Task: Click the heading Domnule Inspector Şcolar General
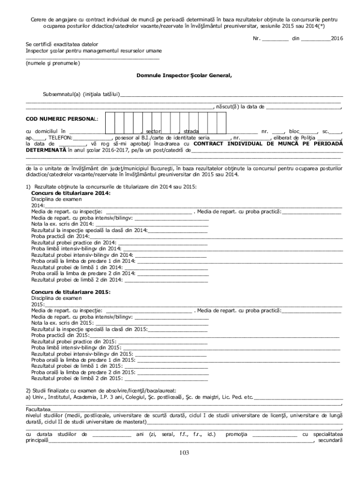point(184,75)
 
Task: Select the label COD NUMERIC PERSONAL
point(61,120)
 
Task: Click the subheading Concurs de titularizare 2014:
point(71,193)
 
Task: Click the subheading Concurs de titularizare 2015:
point(71,291)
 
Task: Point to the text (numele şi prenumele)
point(52,63)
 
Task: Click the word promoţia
point(237,434)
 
